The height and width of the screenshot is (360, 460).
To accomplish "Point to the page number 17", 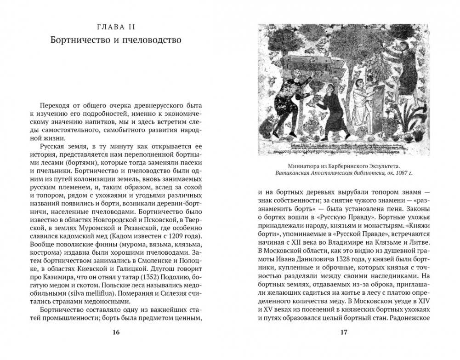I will pos(344,333).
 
